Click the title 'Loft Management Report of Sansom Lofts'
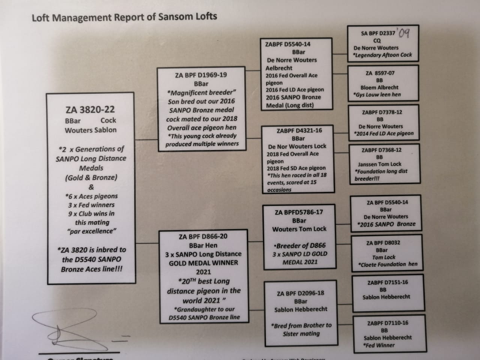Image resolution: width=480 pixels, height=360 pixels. click(x=124, y=17)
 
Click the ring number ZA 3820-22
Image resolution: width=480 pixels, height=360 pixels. click(x=90, y=110)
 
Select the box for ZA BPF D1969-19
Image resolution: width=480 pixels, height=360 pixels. click(x=201, y=109)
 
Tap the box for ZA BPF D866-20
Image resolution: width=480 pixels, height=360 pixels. click(x=203, y=276)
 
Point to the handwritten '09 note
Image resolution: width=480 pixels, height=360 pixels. click(x=404, y=33)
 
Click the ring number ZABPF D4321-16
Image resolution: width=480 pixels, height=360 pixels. click(x=299, y=130)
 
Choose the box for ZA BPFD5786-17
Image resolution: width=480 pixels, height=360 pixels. click(x=299, y=237)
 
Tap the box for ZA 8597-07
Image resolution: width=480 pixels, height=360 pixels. click(x=382, y=84)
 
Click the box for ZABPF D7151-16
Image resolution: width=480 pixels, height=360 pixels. click(x=387, y=292)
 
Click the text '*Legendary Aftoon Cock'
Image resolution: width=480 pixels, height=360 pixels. click(x=383, y=55)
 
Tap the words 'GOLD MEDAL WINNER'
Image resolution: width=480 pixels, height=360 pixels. click(x=203, y=263)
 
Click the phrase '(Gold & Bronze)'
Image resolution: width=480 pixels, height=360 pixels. click(x=91, y=178)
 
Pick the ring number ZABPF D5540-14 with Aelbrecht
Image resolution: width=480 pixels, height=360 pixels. click(x=288, y=44)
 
